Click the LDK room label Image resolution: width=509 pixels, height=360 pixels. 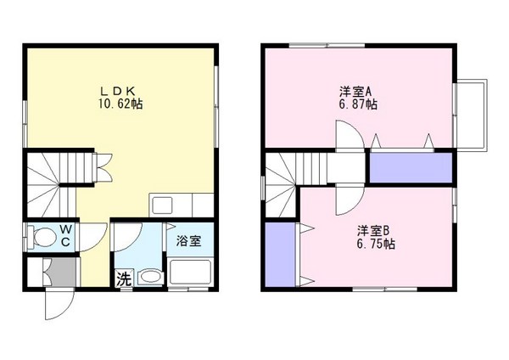(120, 90)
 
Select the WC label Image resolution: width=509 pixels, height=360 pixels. (64, 235)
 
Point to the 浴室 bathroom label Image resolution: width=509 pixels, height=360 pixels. (188, 240)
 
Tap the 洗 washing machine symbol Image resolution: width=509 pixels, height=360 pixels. (123, 278)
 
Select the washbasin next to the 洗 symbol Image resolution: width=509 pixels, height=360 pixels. (148, 277)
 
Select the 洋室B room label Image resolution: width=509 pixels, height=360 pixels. (373, 230)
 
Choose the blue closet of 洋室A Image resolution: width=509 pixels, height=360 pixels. (411, 167)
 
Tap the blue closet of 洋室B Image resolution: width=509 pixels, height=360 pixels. (277, 254)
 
